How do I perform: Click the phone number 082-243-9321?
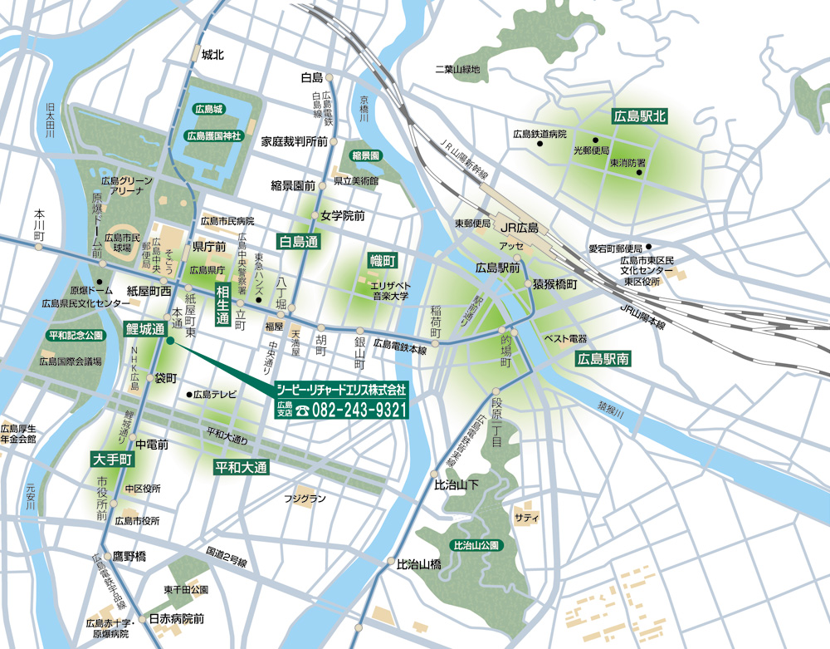(x=358, y=409)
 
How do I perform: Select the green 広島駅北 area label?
(x=640, y=116)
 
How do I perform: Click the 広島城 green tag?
(x=208, y=109)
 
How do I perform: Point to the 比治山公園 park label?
(x=476, y=546)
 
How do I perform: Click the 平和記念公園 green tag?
(x=76, y=335)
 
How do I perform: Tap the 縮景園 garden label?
(x=364, y=155)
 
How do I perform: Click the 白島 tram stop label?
(x=311, y=77)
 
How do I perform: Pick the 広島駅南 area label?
(x=605, y=360)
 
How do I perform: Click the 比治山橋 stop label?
(x=418, y=563)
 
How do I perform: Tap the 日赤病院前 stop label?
(x=176, y=619)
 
